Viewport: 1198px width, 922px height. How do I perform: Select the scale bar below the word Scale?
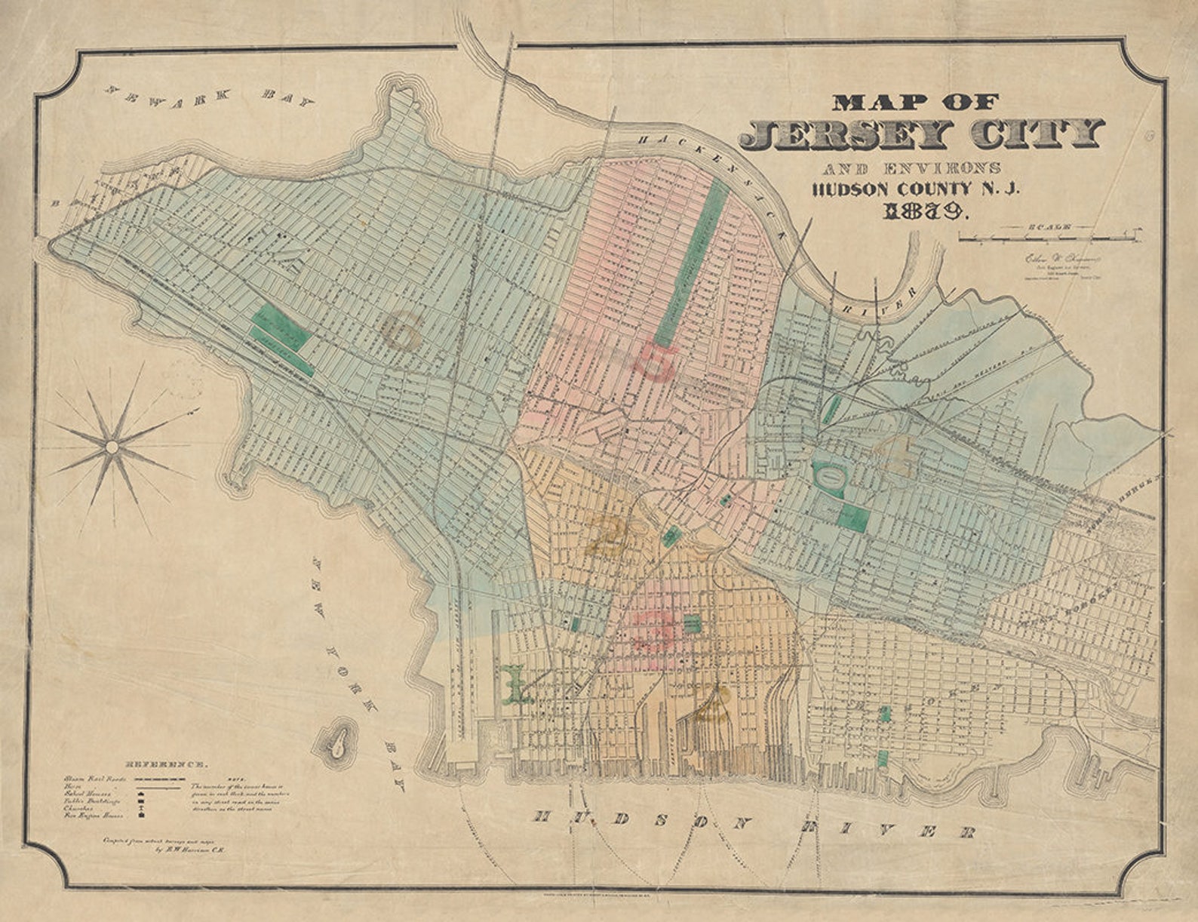(1049, 238)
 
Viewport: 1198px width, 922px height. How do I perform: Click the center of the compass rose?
(112, 447)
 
